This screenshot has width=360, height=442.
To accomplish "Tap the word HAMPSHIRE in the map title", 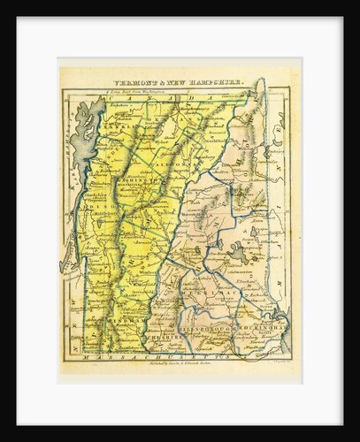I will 218,77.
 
